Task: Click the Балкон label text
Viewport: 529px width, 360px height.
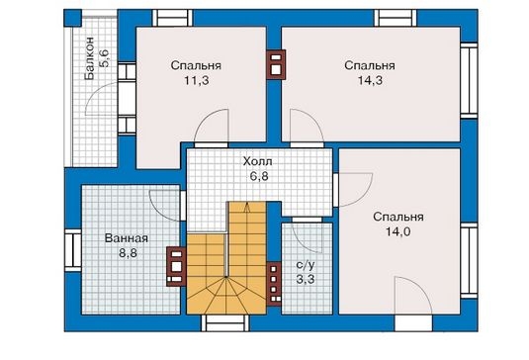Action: [89, 58]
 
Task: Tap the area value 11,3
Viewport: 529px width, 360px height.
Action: [197, 81]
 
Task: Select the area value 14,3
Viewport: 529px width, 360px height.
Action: [370, 81]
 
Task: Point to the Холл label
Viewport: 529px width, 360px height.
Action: [258, 161]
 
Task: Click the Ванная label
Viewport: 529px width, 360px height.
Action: [127, 238]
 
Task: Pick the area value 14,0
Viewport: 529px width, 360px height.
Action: [398, 231]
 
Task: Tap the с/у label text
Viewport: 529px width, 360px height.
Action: [306, 265]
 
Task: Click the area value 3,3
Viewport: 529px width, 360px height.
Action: [306, 279]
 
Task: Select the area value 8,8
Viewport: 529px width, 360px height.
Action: [128, 253]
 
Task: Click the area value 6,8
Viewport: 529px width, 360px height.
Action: [259, 176]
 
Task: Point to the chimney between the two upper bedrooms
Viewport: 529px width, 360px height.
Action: [276, 64]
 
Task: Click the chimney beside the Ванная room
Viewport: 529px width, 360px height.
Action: [176, 267]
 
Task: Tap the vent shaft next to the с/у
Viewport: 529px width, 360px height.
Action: [274, 284]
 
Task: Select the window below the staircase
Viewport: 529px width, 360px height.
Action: [225, 323]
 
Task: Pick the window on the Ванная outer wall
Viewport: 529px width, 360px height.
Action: [73, 250]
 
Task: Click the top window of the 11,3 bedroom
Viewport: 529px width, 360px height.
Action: [172, 18]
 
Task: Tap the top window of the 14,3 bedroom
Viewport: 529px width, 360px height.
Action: [396, 18]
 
